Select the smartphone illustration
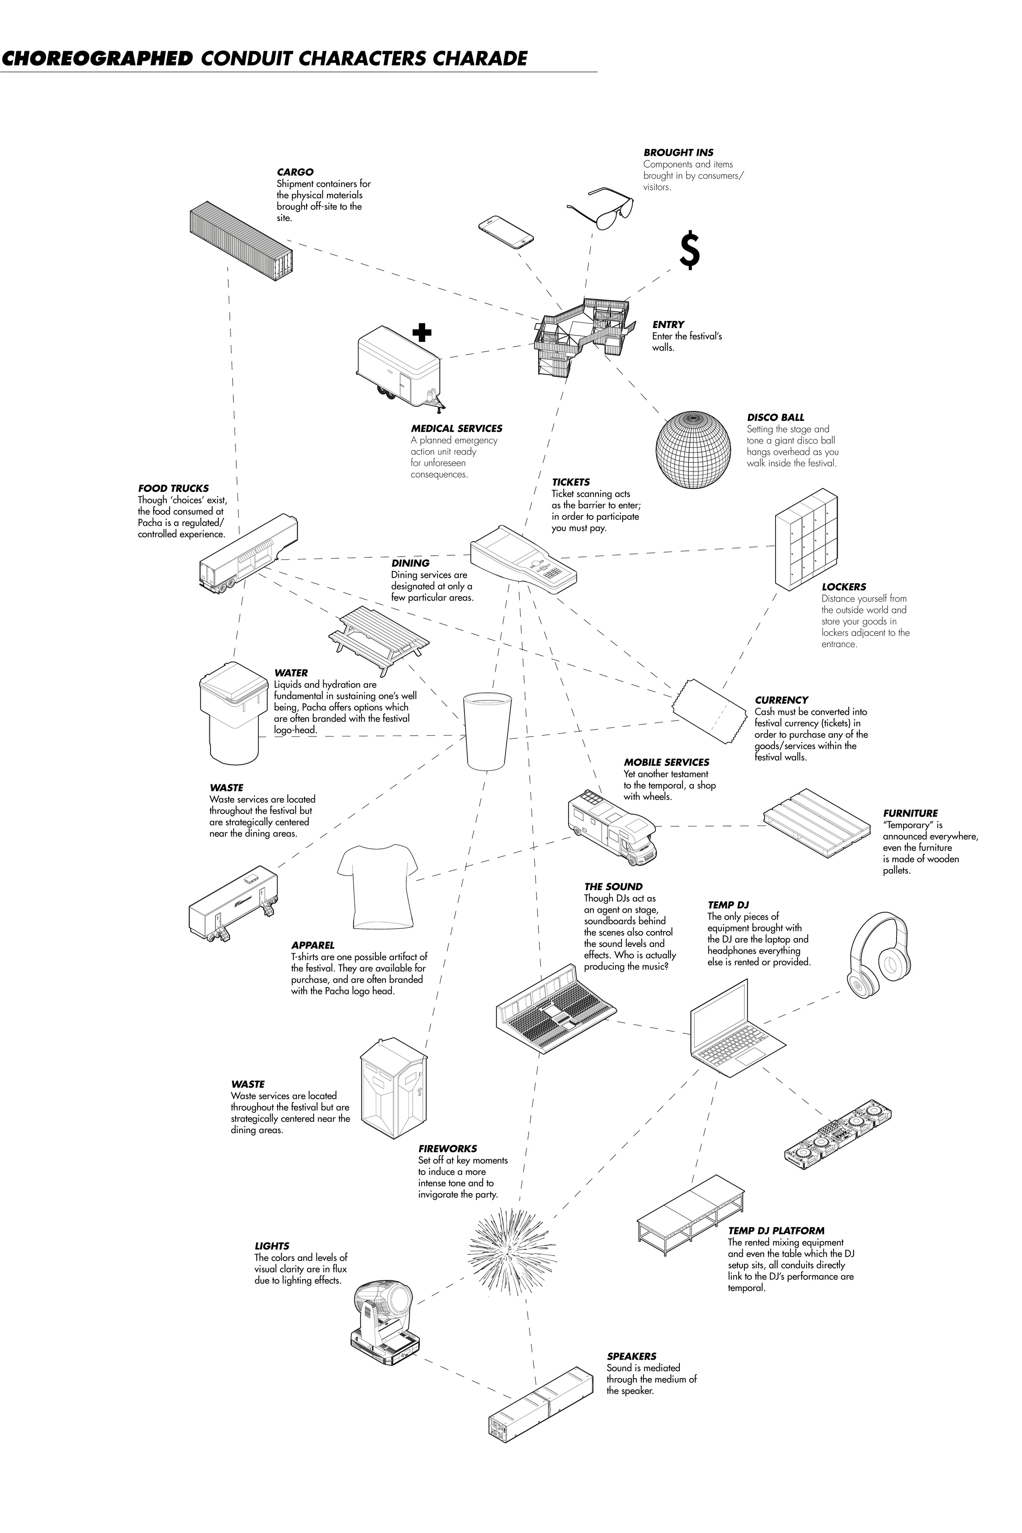[506, 231]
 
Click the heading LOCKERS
[843, 587]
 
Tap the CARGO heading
[295, 172]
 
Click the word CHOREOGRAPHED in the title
[98, 58]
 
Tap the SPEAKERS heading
[631, 1356]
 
